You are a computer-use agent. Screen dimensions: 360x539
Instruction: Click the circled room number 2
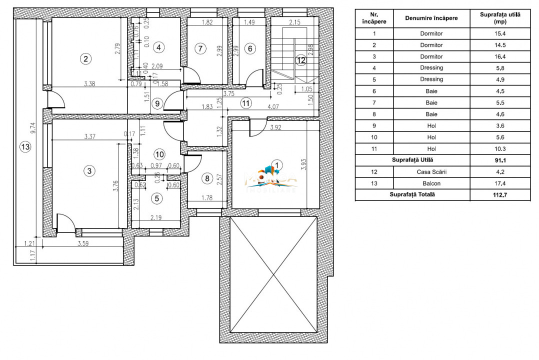(x=86, y=59)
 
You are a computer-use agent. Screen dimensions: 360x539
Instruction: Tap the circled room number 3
(x=89, y=171)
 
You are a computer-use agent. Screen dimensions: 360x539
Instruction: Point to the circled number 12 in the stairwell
(x=300, y=60)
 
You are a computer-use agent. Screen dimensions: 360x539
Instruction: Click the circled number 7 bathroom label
(x=200, y=48)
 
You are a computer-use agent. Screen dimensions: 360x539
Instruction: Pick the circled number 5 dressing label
(x=157, y=198)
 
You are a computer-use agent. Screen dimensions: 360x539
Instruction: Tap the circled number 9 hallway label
(x=157, y=104)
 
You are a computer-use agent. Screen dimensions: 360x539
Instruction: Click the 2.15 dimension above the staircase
(x=294, y=22)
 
